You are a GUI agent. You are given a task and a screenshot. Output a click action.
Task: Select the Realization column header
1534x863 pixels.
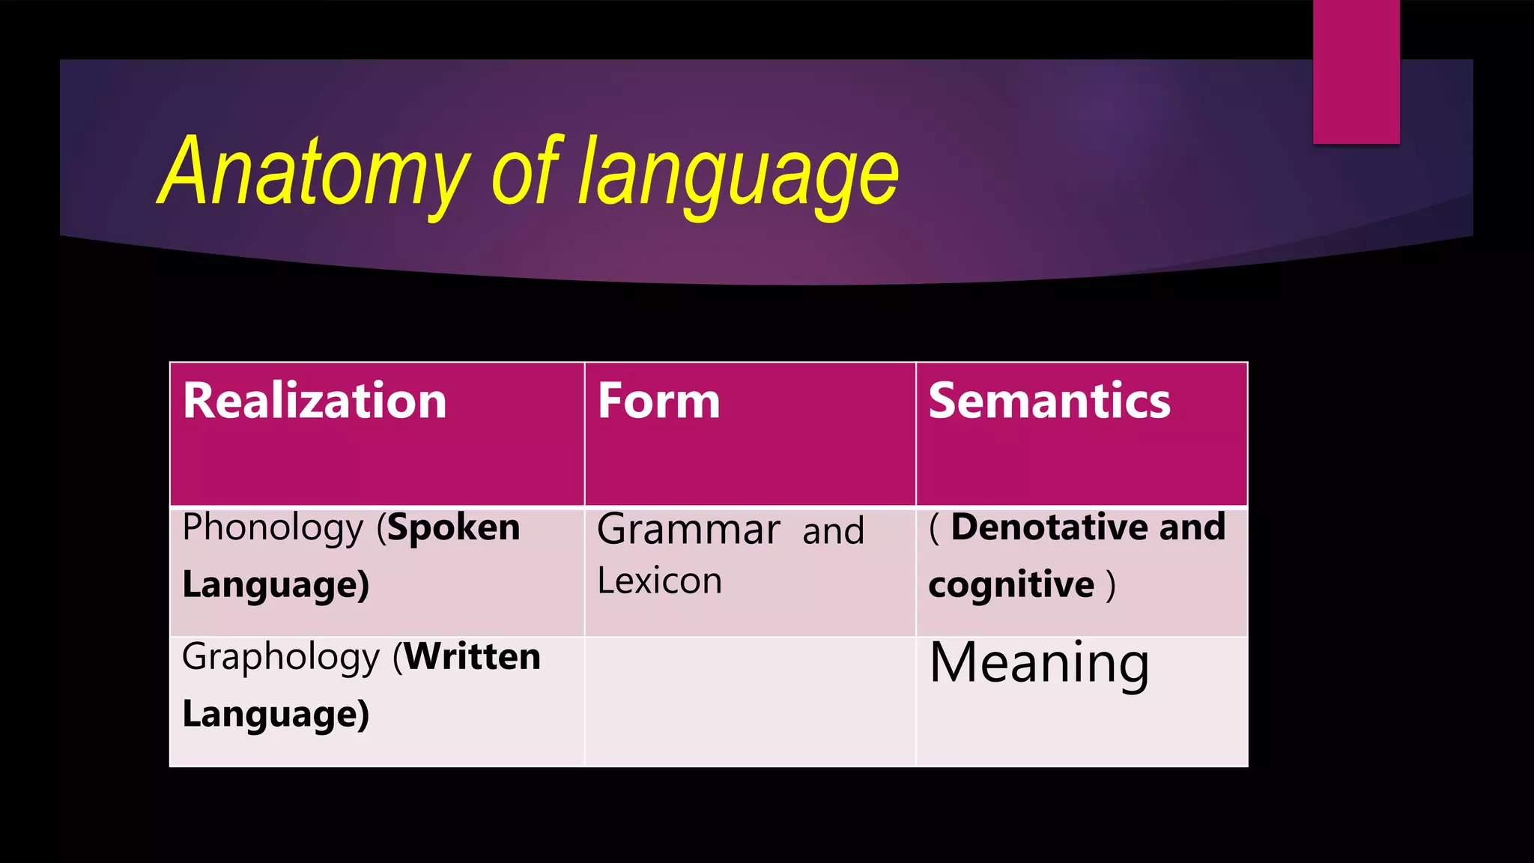tap(315, 401)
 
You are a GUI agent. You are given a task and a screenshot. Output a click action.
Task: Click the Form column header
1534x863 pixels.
tap(658, 401)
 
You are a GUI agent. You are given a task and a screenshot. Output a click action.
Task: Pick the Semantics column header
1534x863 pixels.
tap(1049, 401)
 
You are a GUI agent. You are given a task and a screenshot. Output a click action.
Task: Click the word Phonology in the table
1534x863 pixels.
tap(273, 529)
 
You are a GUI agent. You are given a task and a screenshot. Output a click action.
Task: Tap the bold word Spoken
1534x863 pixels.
tap(453, 528)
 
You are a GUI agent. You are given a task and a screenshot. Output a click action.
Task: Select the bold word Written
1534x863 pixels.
tap(473, 657)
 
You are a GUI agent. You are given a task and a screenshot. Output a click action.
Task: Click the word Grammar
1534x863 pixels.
tap(688, 530)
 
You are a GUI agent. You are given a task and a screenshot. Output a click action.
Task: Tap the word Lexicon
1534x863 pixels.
tap(659, 581)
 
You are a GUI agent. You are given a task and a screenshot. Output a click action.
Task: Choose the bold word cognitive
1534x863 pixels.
tap(1011, 585)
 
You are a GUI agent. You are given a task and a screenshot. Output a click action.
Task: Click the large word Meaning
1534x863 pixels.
tap(1039, 664)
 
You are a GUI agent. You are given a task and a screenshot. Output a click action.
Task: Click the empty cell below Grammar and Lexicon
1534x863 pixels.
tap(749, 701)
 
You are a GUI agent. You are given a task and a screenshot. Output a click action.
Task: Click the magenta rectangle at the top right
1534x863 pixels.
tap(1356, 71)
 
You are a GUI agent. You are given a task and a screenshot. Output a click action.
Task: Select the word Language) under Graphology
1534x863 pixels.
tap(276, 715)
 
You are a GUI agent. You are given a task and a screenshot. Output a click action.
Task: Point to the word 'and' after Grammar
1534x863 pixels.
tap(833, 532)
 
